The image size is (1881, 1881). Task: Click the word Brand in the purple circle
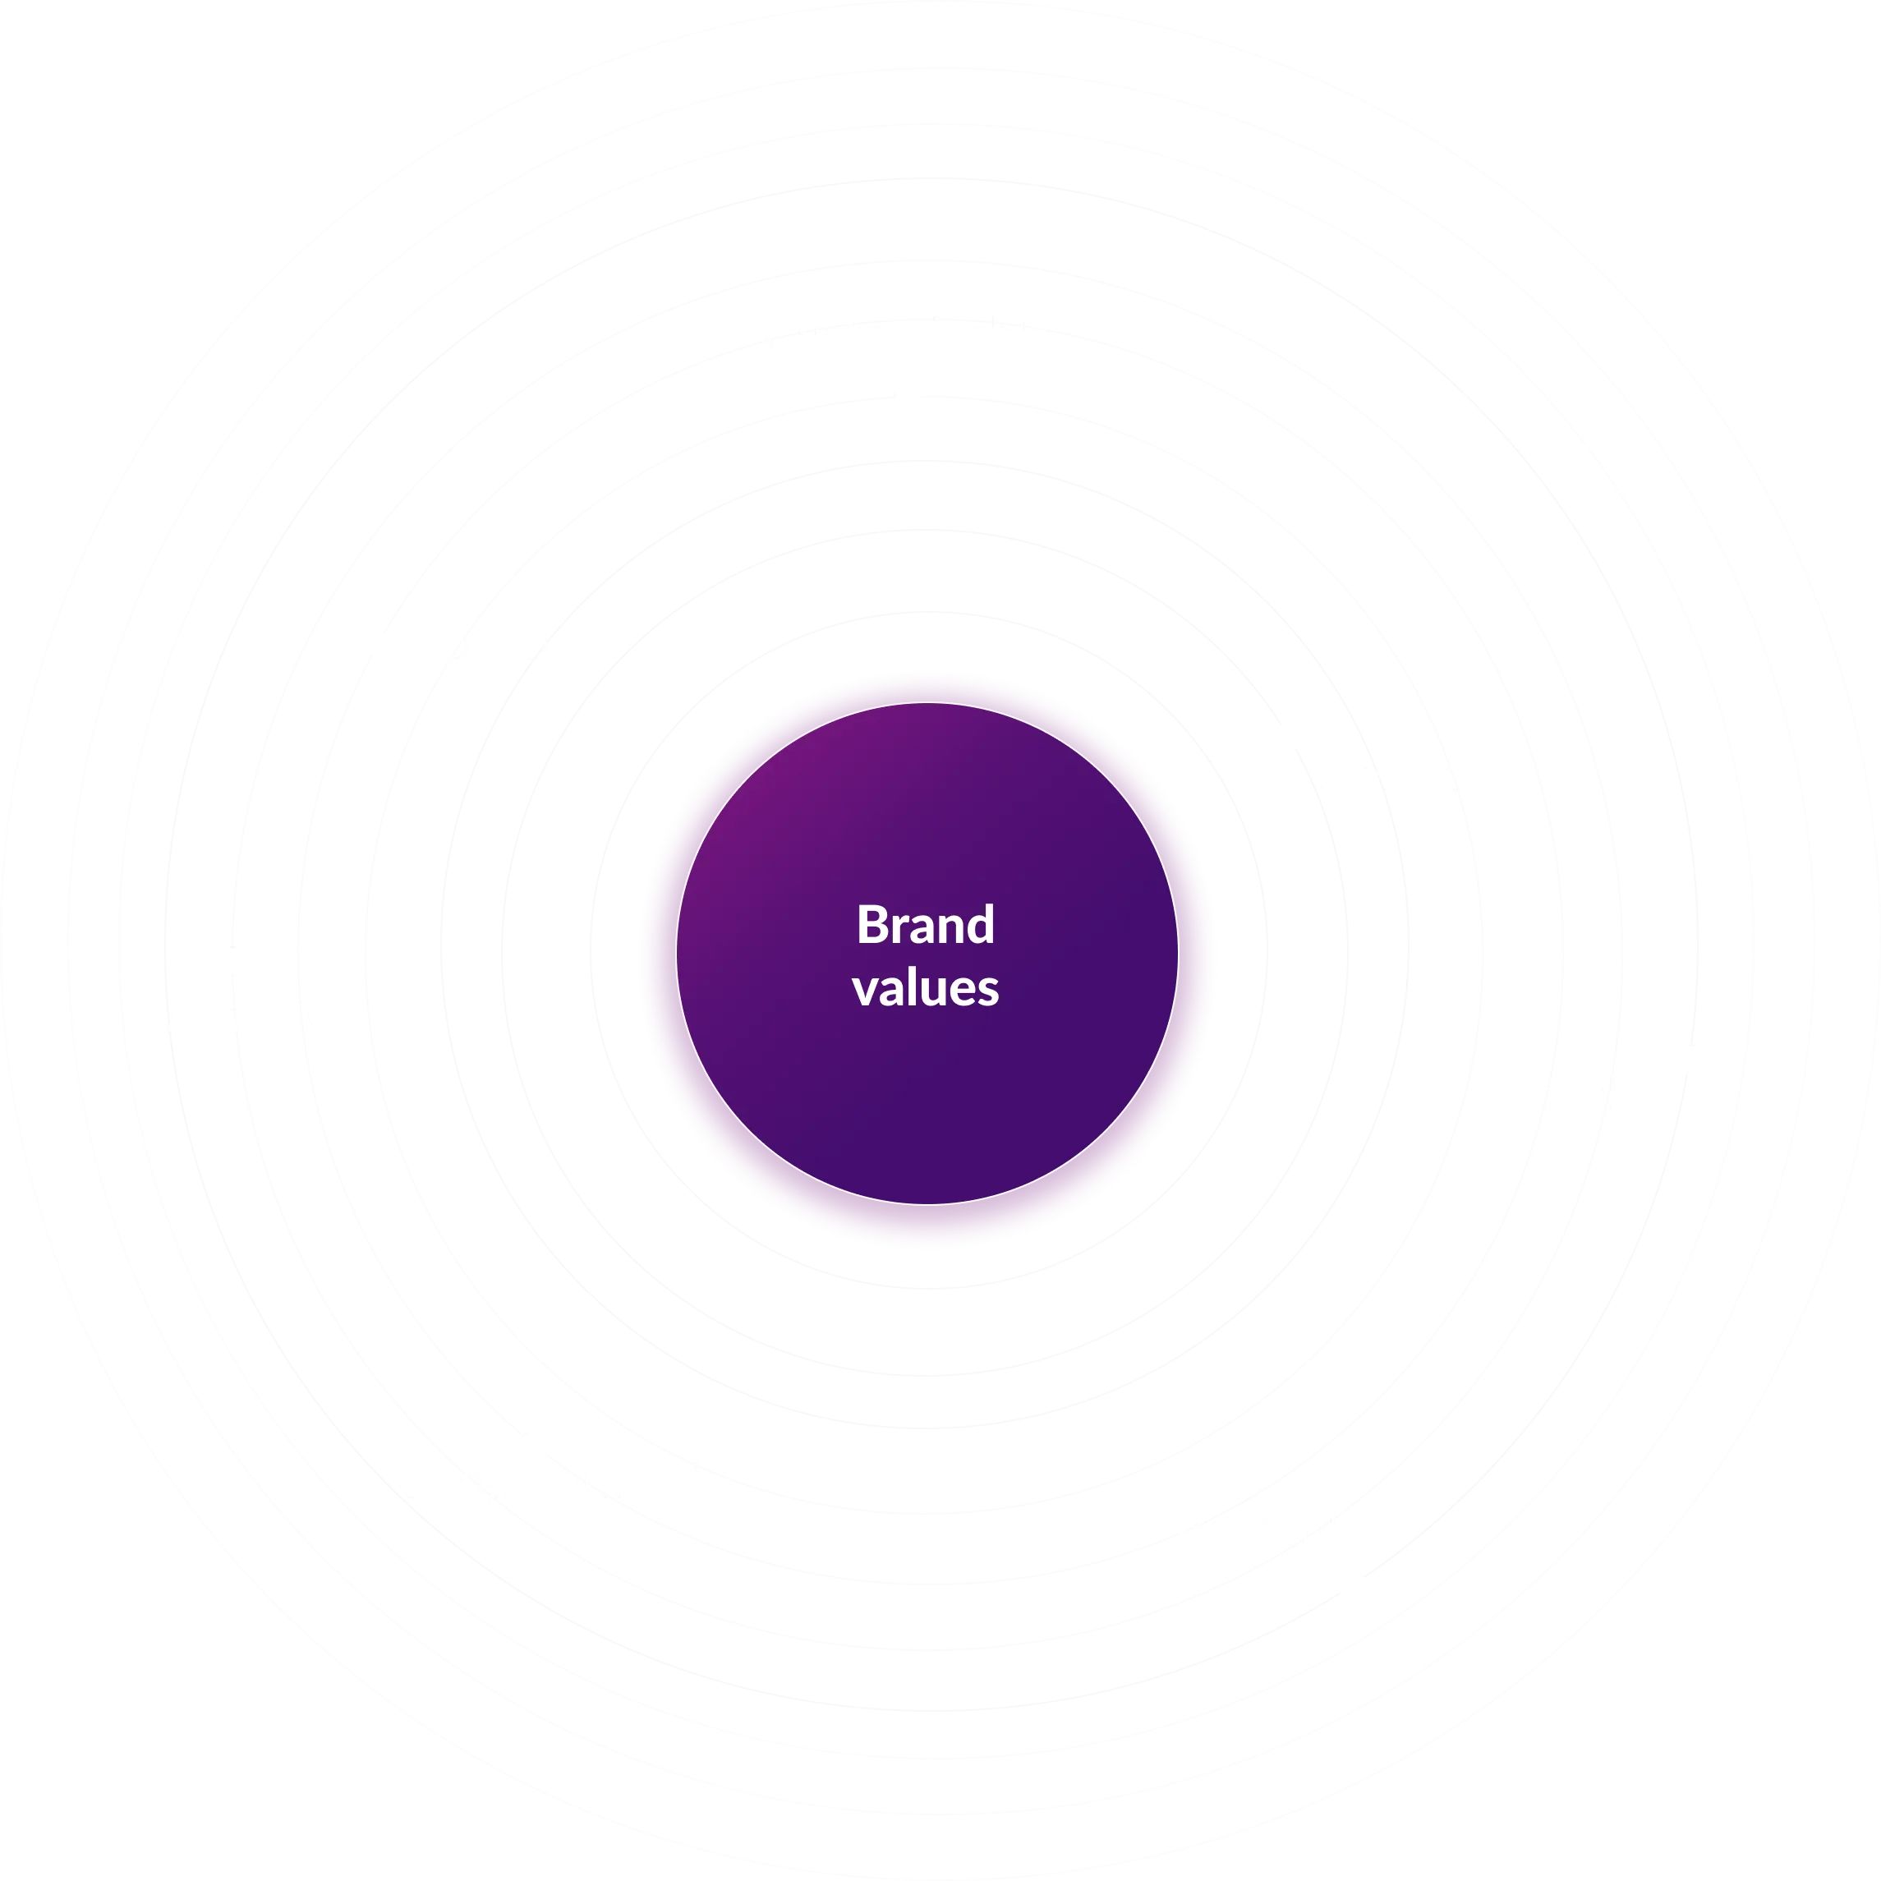click(925, 925)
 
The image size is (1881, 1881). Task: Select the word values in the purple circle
click(925, 987)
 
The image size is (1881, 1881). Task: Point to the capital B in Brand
click(868, 925)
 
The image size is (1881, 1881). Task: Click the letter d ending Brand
click(982, 925)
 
